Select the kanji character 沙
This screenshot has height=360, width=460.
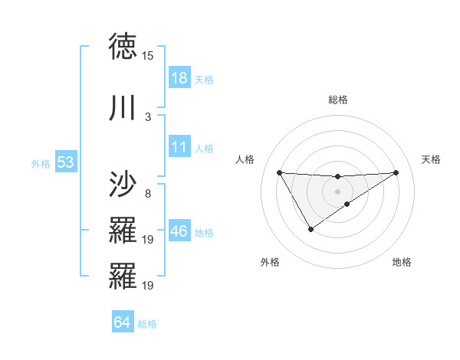(x=123, y=185)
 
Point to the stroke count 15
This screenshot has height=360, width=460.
(x=148, y=56)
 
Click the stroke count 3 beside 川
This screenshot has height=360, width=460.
(x=148, y=116)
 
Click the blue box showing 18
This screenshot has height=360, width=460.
(x=179, y=78)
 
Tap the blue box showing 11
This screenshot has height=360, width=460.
(x=179, y=148)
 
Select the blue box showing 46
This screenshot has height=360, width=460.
(x=179, y=231)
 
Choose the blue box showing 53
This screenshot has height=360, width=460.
(x=64, y=162)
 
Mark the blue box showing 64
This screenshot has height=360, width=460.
(x=122, y=322)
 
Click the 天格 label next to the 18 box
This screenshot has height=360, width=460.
(x=204, y=79)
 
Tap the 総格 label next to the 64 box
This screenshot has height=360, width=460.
(x=147, y=324)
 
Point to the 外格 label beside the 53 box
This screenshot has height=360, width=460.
(x=41, y=163)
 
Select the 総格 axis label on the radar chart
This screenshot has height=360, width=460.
(x=338, y=100)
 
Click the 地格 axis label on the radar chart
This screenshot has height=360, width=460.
(x=402, y=263)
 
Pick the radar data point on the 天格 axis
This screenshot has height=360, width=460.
(x=396, y=172)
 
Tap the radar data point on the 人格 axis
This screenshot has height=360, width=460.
(x=279, y=172)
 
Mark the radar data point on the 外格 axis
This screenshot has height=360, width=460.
(x=310, y=229)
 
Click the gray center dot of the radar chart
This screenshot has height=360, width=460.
(x=337, y=191)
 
